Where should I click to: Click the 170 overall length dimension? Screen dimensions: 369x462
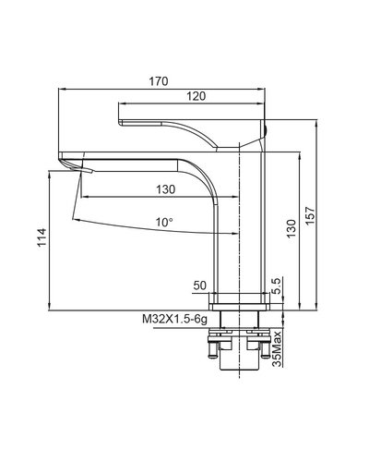pyautogui.click(x=159, y=81)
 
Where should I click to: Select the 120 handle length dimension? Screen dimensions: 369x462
pyautogui.click(x=196, y=96)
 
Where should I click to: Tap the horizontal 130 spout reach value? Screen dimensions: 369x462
pyautogui.click(x=165, y=189)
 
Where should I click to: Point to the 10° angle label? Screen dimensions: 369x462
pyautogui.click(x=164, y=222)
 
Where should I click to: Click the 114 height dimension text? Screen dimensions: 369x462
pyautogui.click(x=42, y=237)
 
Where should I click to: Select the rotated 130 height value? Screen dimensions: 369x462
pyautogui.click(x=291, y=228)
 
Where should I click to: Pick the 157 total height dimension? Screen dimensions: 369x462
pyautogui.click(x=311, y=215)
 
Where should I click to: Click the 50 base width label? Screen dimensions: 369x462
pyautogui.click(x=200, y=286)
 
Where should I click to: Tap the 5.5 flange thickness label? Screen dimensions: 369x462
pyautogui.click(x=277, y=286)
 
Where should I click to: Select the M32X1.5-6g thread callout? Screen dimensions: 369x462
pyautogui.click(x=174, y=320)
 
